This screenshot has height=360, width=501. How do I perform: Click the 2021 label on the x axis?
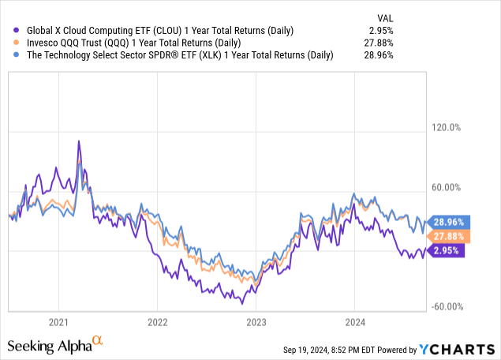[x=58, y=322]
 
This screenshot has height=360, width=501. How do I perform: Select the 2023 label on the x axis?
[x=256, y=322]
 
